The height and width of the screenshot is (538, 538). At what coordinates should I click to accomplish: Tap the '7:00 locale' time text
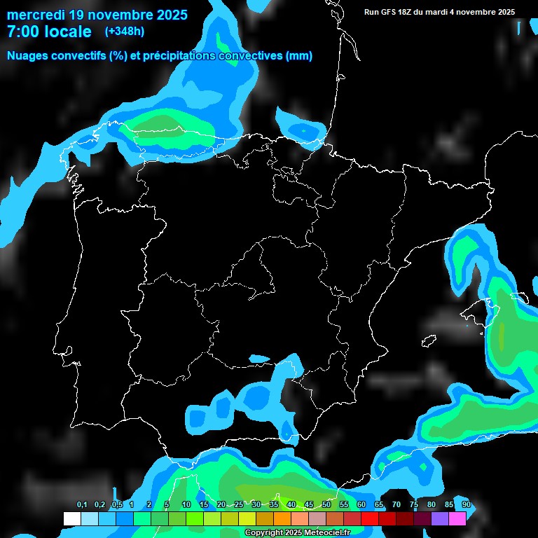(49, 32)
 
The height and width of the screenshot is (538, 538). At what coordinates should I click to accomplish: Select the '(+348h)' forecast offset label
(124, 32)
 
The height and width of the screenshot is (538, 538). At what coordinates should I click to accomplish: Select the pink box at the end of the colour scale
(457, 518)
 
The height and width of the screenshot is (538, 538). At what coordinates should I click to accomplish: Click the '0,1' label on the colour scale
(82, 505)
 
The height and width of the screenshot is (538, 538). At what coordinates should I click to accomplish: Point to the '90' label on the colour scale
(466, 505)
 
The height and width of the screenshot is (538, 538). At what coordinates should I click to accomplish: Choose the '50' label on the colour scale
(326, 505)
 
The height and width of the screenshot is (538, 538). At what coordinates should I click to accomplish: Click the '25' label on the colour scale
(238, 505)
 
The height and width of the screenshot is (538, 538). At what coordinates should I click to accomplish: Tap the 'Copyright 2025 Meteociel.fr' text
(297, 533)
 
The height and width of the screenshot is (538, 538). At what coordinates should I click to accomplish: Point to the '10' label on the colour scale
(186, 505)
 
